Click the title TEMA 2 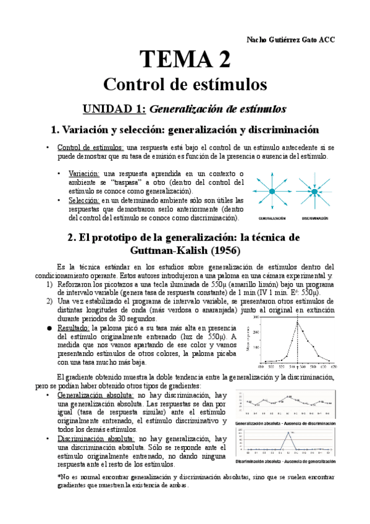coord(185,59)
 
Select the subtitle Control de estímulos coord(185,83)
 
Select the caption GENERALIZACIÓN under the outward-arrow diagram coord(271,218)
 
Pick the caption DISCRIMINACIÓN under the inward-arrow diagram coord(315,218)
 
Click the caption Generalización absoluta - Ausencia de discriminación coord(285,423)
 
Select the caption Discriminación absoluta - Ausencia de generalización coord(285,462)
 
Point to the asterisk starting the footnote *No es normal coord(58,477)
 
